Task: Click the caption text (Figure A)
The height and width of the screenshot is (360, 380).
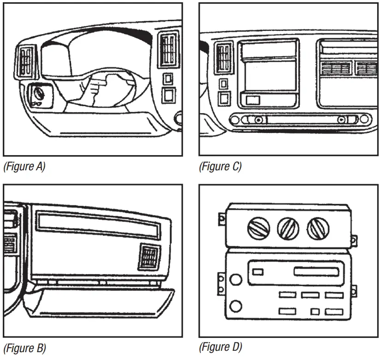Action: [24, 167]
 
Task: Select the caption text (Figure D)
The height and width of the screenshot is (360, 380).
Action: [220, 347]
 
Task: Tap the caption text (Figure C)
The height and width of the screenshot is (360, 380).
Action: [220, 167]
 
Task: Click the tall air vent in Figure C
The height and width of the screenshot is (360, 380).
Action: [224, 58]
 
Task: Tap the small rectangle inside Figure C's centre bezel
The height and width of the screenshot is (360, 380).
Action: [252, 100]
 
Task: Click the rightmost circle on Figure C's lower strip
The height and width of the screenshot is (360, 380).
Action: [364, 120]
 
